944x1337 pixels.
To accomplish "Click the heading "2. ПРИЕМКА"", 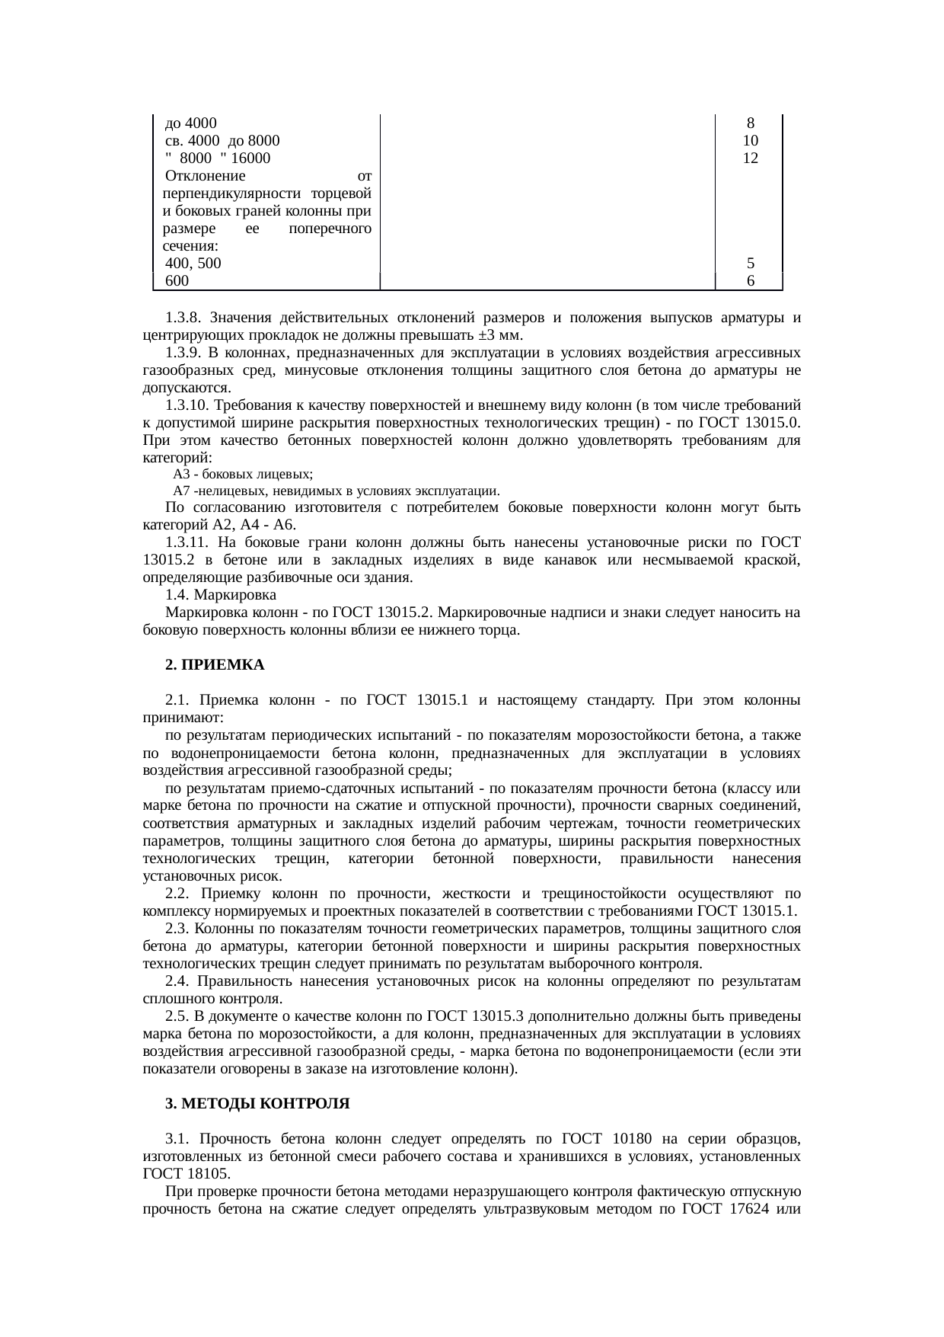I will [215, 664].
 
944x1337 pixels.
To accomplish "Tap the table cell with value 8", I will [750, 123].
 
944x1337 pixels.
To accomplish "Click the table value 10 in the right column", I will [750, 141].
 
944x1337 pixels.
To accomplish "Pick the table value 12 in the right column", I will [750, 158].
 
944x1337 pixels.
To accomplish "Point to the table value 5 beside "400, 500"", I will [750, 264].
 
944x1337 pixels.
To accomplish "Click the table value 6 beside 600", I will [750, 281].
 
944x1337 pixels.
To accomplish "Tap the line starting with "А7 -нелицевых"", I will [336, 491].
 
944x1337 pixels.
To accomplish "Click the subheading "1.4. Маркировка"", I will [221, 594].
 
